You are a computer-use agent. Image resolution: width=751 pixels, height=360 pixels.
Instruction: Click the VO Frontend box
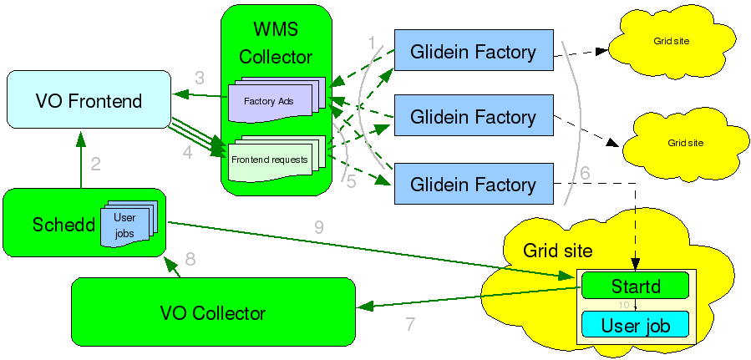[89, 99]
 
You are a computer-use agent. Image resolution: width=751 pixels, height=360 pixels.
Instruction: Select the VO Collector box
[213, 312]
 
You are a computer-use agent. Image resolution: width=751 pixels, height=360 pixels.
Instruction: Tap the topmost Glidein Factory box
[474, 50]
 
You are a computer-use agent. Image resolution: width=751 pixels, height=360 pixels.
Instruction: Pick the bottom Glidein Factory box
[474, 184]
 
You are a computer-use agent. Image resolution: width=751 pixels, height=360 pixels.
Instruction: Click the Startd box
[635, 286]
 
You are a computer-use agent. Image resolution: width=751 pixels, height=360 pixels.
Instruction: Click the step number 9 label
[319, 227]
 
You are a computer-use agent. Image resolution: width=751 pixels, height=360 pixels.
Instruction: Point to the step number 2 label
[96, 165]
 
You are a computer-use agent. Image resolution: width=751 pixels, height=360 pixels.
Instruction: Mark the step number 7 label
[410, 324]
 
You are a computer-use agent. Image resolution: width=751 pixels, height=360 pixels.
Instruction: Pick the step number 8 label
[190, 259]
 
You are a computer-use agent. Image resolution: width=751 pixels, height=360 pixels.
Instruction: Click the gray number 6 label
[585, 173]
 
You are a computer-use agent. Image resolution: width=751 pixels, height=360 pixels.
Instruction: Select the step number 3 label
[200, 78]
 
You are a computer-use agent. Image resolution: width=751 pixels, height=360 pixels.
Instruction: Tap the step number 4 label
[188, 153]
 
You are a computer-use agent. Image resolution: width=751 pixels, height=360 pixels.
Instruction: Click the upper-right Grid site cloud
[672, 42]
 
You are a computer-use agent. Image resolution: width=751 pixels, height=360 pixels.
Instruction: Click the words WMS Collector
[276, 43]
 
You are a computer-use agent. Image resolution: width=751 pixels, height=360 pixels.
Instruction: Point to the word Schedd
[63, 224]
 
